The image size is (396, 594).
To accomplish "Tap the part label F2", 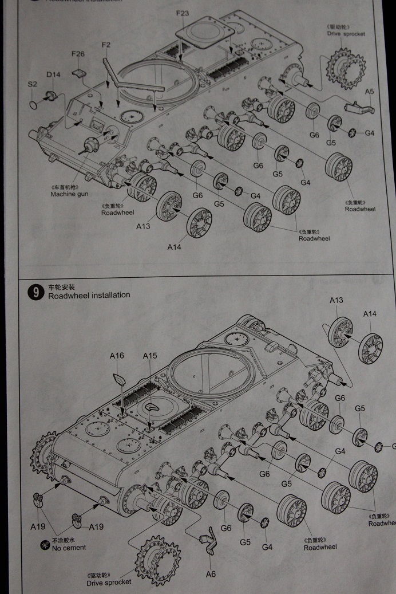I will pyautogui.click(x=106, y=45).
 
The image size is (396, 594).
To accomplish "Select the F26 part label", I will pyautogui.click(x=78, y=54).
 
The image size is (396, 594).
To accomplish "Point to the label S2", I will pyautogui.click(x=33, y=84).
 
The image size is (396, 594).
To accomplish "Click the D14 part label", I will pyautogui.click(x=53, y=74).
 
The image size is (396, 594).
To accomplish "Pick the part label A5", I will pyautogui.click(x=369, y=92).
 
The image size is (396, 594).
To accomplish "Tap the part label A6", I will pyautogui.click(x=210, y=573).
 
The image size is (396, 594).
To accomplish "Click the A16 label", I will pyautogui.click(x=117, y=356).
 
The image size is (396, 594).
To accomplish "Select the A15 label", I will pyautogui.click(x=150, y=356).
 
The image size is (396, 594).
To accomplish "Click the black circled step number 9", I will pyautogui.click(x=35, y=293).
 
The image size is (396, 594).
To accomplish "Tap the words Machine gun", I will pyautogui.click(x=69, y=194).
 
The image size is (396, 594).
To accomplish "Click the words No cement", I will pyautogui.click(x=69, y=547).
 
